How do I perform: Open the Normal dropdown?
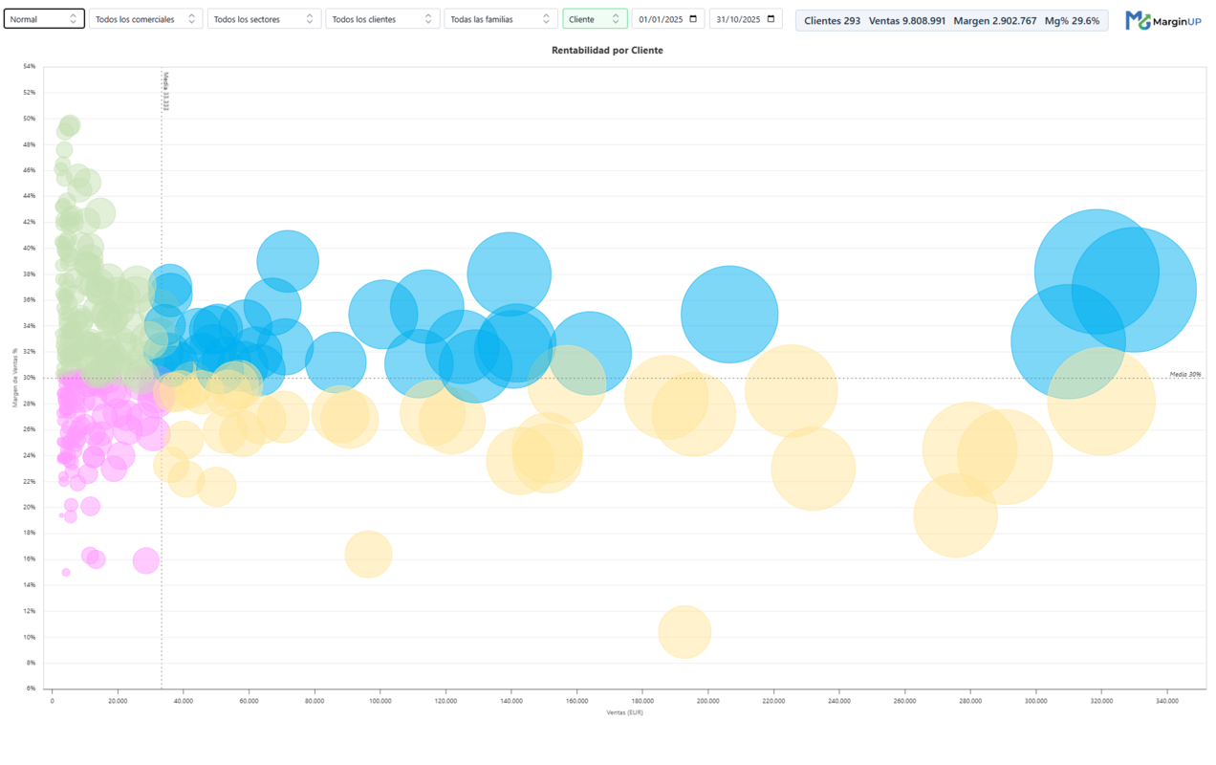click(44, 19)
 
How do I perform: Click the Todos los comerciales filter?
click(145, 19)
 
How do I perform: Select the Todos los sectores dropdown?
click(264, 19)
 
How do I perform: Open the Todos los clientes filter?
click(382, 19)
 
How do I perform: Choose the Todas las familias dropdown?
click(500, 19)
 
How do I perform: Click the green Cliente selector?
click(595, 19)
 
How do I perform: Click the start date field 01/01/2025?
click(668, 19)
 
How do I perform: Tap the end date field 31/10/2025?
click(746, 19)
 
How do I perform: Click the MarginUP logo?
click(1162, 20)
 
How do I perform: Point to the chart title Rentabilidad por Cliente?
click(607, 51)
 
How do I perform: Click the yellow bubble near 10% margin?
click(684, 632)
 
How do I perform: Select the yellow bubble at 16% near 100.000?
click(368, 555)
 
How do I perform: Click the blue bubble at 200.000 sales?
click(729, 315)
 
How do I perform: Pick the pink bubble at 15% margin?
click(66, 573)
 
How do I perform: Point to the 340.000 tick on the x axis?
click(1166, 701)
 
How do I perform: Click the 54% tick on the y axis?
click(30, 67)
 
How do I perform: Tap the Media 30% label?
click(1185, 374)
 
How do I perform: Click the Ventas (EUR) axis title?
click(624, 712)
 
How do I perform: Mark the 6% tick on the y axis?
click(31, 688)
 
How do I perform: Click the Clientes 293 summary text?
click(832, 20)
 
